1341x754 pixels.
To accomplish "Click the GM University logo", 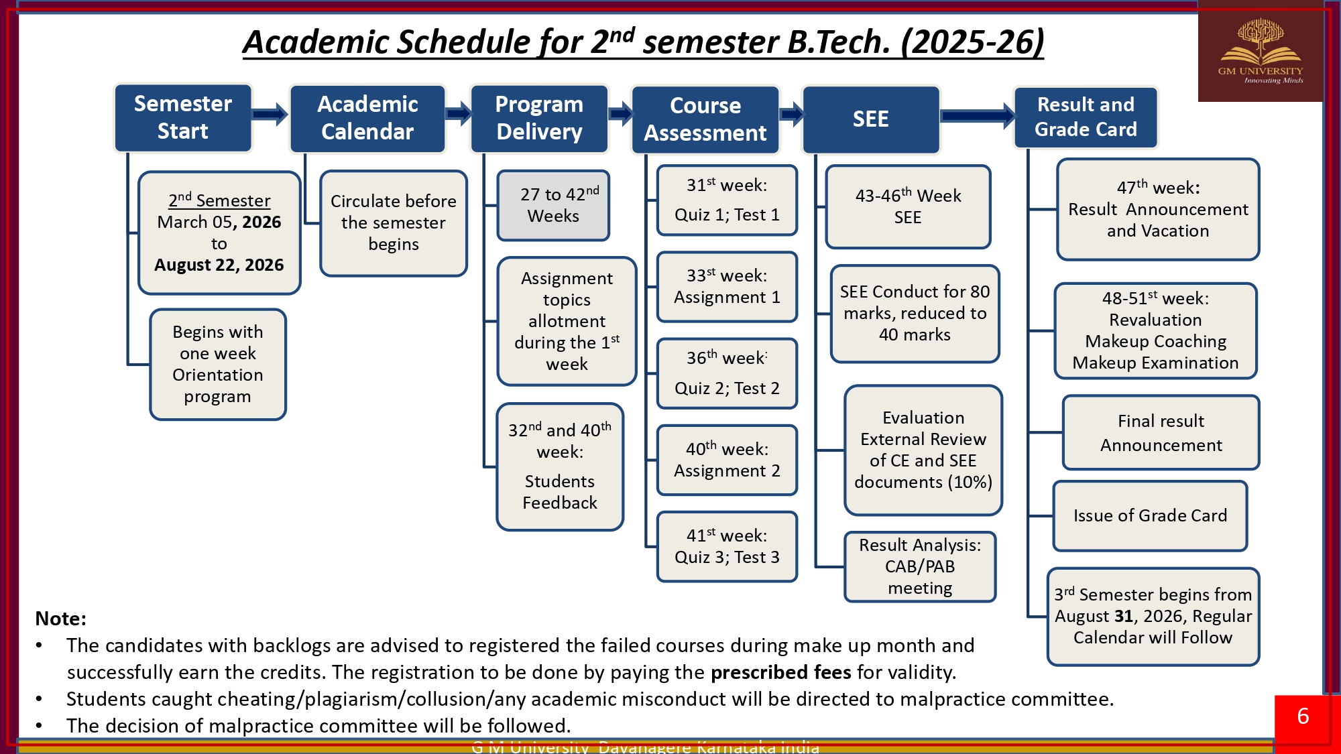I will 1260,52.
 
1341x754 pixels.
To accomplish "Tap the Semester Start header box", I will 183,118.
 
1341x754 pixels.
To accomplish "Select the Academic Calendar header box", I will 367,119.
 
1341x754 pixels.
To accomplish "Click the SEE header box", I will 870,119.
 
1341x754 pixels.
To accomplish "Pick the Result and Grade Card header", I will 1086,117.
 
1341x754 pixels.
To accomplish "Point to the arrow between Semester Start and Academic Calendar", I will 270,115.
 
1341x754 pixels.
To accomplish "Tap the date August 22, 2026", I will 219,265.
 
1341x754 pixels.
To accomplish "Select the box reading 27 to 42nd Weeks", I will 553,205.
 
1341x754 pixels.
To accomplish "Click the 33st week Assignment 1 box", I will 727,287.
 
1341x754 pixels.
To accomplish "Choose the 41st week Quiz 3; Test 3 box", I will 727,546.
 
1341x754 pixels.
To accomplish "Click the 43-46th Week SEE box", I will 908,206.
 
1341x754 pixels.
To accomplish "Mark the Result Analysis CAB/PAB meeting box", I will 920,566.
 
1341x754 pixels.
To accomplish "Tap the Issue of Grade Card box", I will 1150,515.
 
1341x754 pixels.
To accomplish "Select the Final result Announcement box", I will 1161,432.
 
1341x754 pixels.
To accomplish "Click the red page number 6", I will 1303,716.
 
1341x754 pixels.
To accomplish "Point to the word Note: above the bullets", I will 61,619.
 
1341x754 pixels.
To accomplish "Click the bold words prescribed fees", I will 780,672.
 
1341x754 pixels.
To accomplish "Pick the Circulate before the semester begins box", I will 394,223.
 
